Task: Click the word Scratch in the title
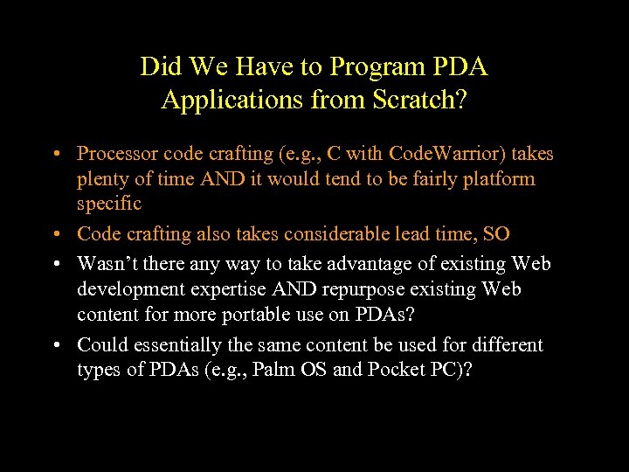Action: pos(414,100)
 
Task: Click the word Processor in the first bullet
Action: pos(115,154)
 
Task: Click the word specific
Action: pos(108,204)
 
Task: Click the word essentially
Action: pos(181,345)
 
